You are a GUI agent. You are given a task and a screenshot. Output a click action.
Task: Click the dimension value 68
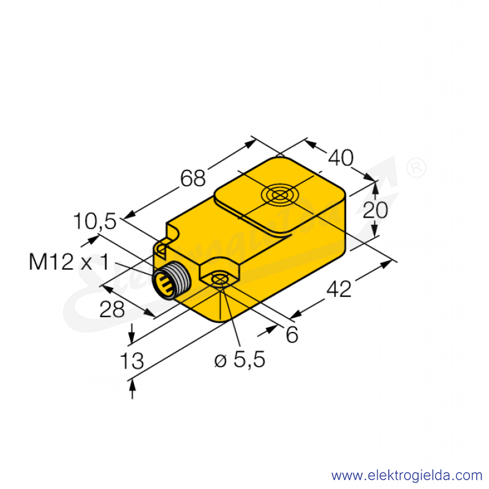click(x=193, y=178)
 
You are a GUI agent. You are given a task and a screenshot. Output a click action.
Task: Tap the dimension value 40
click(x=340, y=158)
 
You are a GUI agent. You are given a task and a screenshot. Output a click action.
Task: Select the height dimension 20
click(x=375, y=210)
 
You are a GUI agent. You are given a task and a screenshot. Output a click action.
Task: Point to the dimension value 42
click(x=339, y=289)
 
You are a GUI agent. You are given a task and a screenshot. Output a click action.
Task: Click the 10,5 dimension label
click(x=95, y=221)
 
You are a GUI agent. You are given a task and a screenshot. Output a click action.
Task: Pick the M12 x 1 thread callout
click(x=69, y=262)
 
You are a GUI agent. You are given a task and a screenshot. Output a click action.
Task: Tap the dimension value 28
click(x=112, y=309)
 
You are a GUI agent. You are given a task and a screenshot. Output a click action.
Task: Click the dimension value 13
click(x=132, y=361)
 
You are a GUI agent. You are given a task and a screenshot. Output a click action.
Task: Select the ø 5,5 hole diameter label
click(x=240, y=359)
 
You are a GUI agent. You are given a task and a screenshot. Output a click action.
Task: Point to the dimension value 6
click(x=292, y=335)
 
